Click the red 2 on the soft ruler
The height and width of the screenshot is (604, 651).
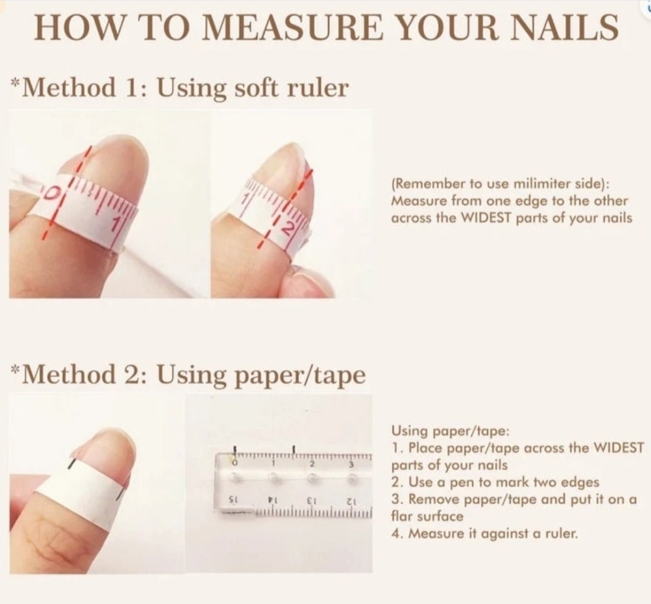click(x=289, y=229)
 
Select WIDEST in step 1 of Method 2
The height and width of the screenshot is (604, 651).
click(x=618, y=448)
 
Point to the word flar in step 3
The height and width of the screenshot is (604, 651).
click(x=403, y=516)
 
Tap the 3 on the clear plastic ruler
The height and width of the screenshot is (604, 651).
click(x=351, y=464)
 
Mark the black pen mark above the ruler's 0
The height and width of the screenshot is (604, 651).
click(x=235, y=450)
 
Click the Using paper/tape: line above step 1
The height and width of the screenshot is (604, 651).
click(x=450, y=431)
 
